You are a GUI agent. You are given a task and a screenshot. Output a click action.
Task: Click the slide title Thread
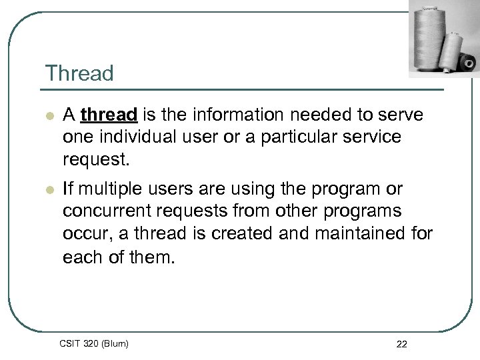[79, 73]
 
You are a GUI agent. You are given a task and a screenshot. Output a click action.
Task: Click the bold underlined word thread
[108, 115]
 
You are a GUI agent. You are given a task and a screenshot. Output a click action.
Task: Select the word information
[237, 115]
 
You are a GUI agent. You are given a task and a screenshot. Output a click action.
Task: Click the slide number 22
[401, 344]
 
